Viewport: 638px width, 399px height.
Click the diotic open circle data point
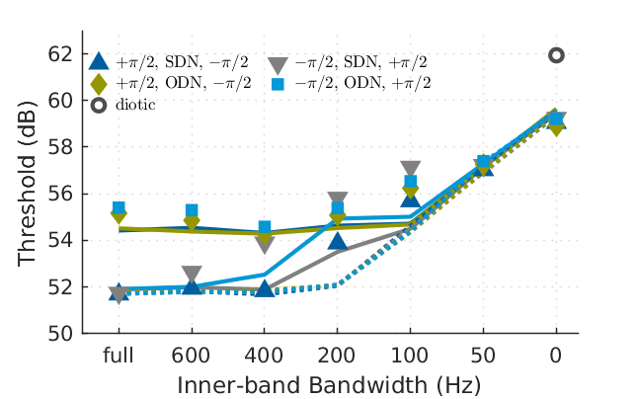[556, 55]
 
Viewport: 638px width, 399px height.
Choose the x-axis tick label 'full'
[119, 355]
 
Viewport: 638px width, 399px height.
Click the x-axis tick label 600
[192, 355]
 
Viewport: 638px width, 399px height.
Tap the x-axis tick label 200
[337, 355]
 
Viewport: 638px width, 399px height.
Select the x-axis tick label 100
[410, 355]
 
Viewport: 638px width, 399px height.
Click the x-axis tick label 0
[556, 355]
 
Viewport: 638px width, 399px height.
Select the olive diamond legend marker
[98, 83]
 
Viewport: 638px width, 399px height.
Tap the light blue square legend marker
[279, 83]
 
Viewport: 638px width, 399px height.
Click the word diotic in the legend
[134, 105]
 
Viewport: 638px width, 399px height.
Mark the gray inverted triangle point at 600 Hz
[192, 275]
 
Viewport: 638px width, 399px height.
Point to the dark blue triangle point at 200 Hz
[337, 241]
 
